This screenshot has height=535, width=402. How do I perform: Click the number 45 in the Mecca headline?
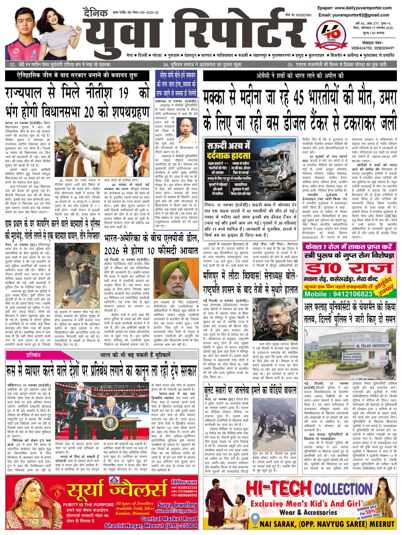coord(299,98)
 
